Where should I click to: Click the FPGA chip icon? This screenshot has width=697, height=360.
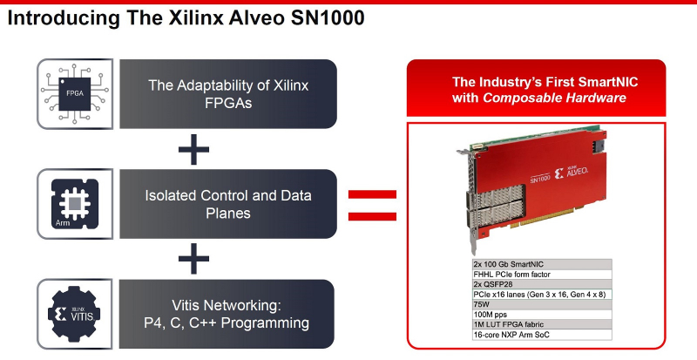pos(75,94)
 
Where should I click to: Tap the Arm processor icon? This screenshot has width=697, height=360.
pos(75,204)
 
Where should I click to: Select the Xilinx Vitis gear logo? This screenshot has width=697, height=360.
pos(74,314)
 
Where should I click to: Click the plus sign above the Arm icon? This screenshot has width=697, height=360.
pos(193,149)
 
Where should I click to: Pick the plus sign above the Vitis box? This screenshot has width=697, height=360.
pos(193,259)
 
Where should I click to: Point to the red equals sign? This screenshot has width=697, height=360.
pos(372,205)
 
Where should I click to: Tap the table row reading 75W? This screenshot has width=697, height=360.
pos(542,304)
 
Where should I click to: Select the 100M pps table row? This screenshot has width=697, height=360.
pos(542,314)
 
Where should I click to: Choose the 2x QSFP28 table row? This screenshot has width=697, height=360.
pos(542,284)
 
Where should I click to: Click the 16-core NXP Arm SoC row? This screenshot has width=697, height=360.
pos(542,334)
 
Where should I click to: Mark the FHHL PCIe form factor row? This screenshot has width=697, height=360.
pos(542,274)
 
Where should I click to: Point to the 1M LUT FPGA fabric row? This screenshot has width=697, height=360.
pos(542,324)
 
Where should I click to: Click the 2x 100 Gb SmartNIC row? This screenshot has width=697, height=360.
pos(542,264)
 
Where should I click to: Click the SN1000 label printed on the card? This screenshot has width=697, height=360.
pos(540,177)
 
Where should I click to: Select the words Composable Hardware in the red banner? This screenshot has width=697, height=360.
pos(554,98)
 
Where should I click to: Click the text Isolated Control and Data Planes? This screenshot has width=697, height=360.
pos(228,204)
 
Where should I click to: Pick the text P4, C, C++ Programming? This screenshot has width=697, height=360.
pos(227,323)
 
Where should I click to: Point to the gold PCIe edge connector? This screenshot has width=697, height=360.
pos(552,217)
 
